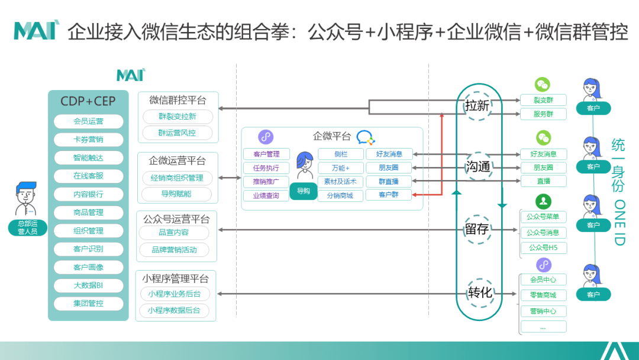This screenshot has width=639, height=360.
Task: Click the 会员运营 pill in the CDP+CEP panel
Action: click(x=88, y=121)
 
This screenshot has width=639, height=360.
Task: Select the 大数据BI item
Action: click(x=88, y=285)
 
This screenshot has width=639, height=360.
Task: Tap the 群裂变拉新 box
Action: click(x=177, y=116)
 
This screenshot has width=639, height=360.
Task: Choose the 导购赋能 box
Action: click(x=176, y=194)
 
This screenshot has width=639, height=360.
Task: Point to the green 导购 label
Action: click(x=304, y=191)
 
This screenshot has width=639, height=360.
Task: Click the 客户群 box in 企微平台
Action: click(x=388, y=195)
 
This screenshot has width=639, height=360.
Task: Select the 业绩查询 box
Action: click(x=266, y=195)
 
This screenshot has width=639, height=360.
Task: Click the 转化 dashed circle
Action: click(x=479, y=292)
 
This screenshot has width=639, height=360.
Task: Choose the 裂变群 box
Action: click(x=543, y=100)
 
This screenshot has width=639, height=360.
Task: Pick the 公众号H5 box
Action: click(x=543, y=247)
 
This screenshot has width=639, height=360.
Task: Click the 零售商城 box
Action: click(x=543, y=295)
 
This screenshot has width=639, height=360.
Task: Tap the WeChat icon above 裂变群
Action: click(x=543, y=84)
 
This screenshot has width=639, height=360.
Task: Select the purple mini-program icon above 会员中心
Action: click(x=543, y=264)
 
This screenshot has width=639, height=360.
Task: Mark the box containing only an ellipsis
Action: click(x=543, y=326)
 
